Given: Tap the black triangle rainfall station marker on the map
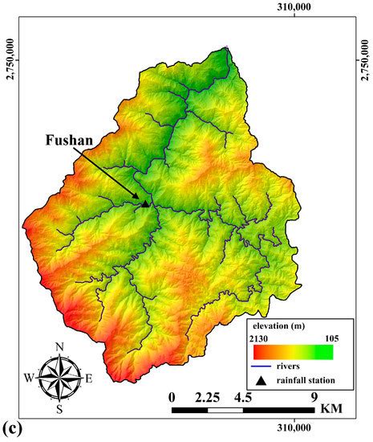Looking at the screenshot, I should [145, 203].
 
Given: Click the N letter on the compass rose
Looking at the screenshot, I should [59, 346].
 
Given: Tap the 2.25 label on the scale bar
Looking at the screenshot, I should [207, 396].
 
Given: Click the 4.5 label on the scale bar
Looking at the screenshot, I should [242, 396].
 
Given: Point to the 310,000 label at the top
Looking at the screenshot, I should [294, 7].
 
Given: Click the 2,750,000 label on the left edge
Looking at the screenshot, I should [10, 58].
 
